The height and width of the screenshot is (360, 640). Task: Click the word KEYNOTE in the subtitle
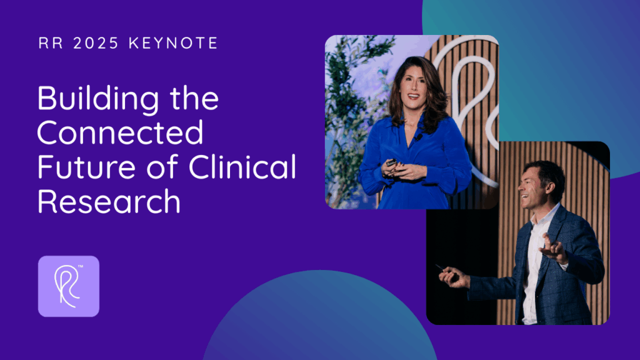coord(173,43)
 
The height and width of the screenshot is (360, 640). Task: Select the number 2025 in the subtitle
coord(96,43)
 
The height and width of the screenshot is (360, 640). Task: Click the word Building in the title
coord(98,99)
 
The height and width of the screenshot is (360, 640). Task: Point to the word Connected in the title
coord(121,132)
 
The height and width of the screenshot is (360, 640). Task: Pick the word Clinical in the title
coord(242,166)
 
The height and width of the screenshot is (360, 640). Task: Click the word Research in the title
coord(109,201)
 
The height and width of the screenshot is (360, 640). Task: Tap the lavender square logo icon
coord(69,286)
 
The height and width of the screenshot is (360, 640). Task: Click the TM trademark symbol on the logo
coord(81,266)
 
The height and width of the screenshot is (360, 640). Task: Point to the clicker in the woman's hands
coord(391,163)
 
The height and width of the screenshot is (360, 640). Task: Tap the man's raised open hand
coord(553,248)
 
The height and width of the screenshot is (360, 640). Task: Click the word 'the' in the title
coord(194,98)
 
